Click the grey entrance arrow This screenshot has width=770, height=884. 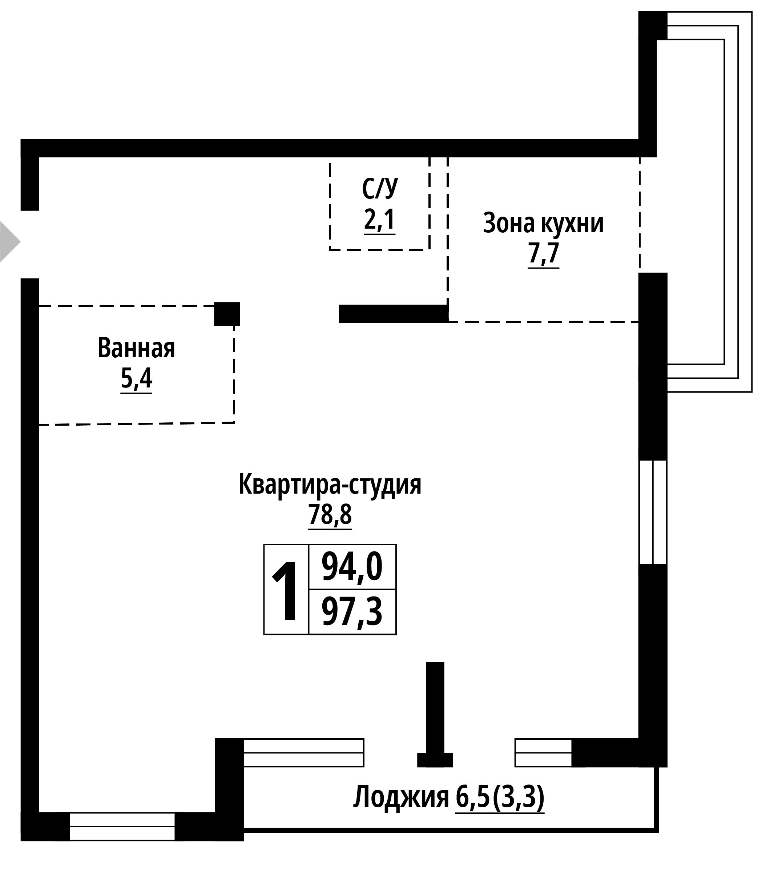(9, 242)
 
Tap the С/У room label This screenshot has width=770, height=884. (380, 188)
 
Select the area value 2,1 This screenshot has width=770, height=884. (379, 221)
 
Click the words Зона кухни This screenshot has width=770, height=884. (543, 224)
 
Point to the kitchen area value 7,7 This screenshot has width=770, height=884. (544, 254)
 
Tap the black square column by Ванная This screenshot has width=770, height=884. (227, 314)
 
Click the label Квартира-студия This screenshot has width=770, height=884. (330, 485)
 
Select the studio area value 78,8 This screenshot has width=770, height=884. (330, 515)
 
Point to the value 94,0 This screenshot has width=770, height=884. (352, 567)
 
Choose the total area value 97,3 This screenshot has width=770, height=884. (352, 612)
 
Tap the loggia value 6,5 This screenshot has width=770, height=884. (472, 797)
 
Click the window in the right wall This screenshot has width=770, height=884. (653, 512)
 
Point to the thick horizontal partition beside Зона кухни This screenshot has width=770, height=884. (394, 314)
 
